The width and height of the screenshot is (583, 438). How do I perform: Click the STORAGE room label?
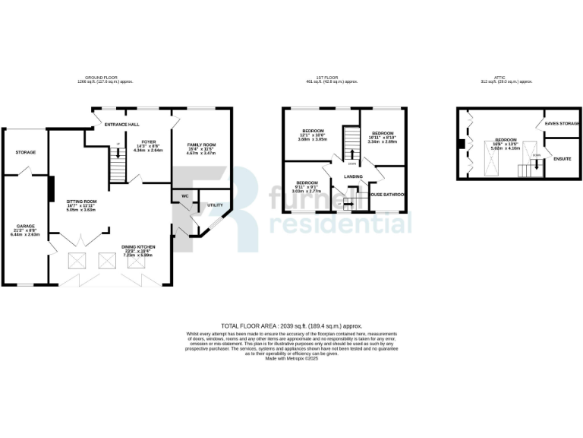26,152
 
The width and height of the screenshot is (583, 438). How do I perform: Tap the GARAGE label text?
26,226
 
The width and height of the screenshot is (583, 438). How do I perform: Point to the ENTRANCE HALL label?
117,123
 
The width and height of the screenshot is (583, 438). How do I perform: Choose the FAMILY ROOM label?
202,144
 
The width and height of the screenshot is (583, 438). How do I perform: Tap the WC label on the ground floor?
184,196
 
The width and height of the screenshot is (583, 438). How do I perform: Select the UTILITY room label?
215,205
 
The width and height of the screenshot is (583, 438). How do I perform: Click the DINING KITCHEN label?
139,247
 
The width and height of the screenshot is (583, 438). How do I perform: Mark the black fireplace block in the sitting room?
50,189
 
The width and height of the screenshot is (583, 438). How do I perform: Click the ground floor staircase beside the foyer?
117,164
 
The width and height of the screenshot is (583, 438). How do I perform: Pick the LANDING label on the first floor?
354,177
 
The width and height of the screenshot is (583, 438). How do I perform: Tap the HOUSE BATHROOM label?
387,195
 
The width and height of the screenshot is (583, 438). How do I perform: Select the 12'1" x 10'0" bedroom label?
312,131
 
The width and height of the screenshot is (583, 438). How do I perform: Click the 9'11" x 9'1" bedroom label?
307,182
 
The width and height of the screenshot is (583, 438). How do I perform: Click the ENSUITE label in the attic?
563,160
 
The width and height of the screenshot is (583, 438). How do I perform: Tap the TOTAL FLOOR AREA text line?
291,324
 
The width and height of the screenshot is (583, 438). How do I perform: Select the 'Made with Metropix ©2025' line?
291,359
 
